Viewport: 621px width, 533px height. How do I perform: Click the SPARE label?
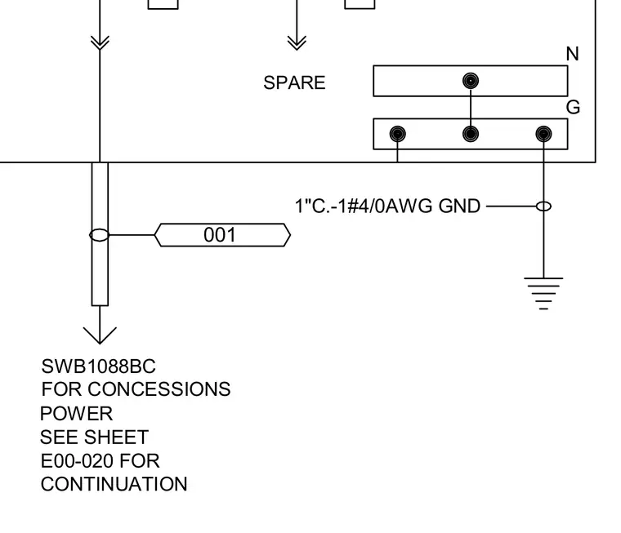(294, 82)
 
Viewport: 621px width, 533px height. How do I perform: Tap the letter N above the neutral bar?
(572, 54)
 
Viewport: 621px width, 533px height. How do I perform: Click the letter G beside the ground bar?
(573, 107)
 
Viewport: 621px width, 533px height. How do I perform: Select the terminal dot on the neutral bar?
(471, 81)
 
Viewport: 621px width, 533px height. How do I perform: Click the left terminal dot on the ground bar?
(397, 134)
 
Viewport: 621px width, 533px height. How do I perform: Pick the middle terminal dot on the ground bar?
(471, 134)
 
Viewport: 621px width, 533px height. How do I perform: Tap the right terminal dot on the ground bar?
(543, 134)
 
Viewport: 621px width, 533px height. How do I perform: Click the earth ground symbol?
(543, 293)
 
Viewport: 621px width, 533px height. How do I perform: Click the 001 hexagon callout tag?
(222, 235)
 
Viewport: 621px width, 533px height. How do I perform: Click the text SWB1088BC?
(99, 366)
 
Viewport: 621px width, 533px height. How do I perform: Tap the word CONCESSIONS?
(159, 389)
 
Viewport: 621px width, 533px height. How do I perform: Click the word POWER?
(77, 414)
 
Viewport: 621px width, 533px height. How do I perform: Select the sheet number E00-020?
(77, 461)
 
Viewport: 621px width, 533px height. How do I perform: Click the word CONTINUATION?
(114, 484)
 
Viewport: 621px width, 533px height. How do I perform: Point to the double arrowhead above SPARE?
(297, 42)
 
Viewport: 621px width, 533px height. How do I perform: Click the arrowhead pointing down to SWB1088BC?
(100, 335)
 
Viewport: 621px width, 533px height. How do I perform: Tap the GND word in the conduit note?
(459, 207)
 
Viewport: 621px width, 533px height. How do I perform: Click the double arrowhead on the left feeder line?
(100, 42)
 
